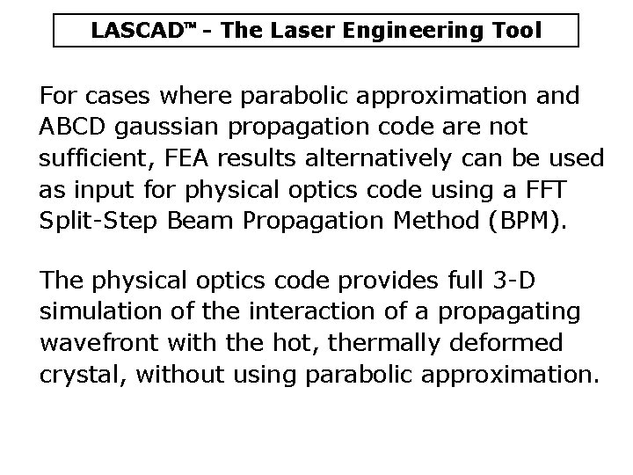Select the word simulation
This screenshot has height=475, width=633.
(x=91, y=312)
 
